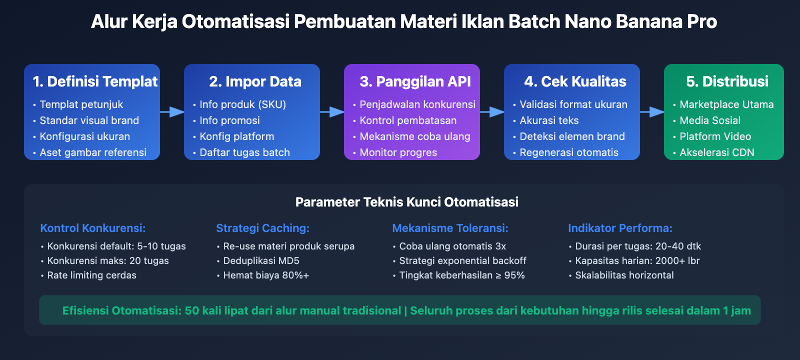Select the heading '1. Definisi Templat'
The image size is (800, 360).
tap(95, 81)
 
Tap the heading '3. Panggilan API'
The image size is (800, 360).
tap(415, 81)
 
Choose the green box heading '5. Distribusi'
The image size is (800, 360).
tap(727, 81)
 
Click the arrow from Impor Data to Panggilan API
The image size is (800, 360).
tap(332, 112)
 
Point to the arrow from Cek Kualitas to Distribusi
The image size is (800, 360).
tap(652, 112)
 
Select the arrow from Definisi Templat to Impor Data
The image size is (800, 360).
tap(172, 112)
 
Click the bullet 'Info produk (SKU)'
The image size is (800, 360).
tap(242, 104)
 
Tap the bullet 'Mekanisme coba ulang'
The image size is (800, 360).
tap(414, 136)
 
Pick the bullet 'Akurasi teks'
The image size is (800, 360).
tap(549, 120)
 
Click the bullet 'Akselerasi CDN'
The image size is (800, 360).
tap(716, 152)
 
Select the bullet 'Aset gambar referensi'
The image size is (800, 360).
tap(93, 152)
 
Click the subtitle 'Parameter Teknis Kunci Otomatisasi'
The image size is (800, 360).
tap(406, 202)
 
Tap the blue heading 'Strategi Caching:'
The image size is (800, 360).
tap(262, 228)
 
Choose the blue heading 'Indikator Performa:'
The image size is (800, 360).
tap(620, 228)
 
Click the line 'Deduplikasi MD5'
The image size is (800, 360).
tap(261, 260)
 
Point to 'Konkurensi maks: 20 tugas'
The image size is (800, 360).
tap(107, 260)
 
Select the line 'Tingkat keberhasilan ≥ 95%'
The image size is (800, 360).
tap(461, 275)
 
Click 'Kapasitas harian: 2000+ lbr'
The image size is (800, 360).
tap(637, 260)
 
